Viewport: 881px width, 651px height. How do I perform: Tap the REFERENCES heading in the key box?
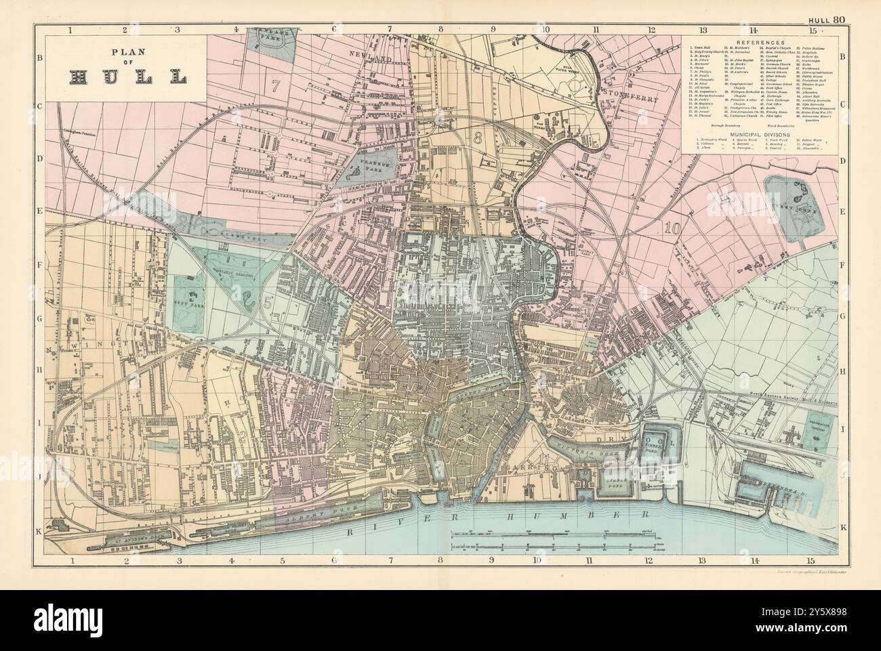[x=760, y=42]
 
